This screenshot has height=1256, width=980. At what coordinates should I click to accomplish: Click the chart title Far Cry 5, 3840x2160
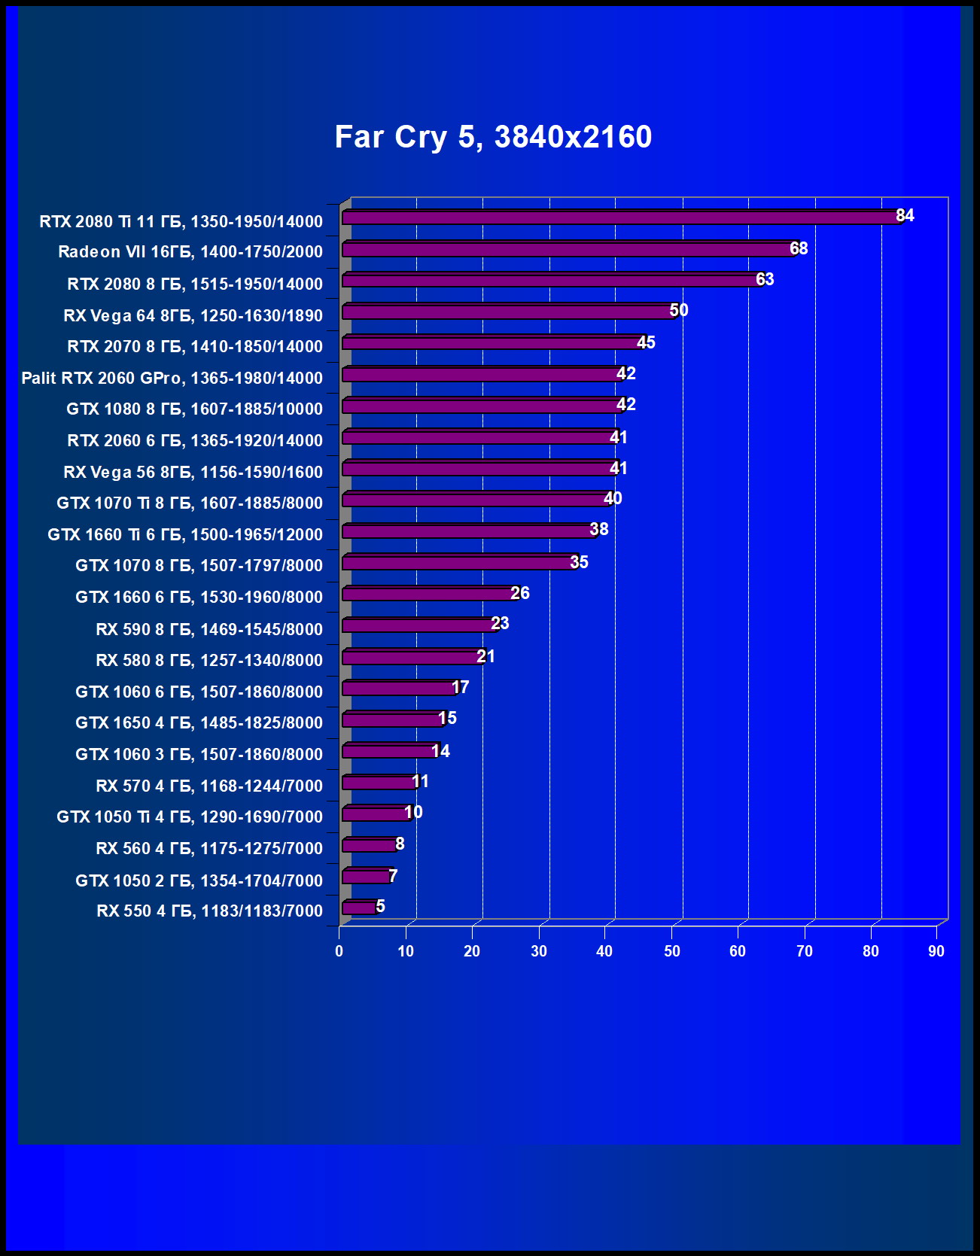tap(493, 137)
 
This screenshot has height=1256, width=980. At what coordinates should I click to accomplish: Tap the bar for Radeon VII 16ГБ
tap(568, 249)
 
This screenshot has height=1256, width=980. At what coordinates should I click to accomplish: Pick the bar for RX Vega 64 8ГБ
tap(509, 312)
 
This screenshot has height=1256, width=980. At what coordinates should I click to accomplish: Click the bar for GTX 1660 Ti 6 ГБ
tap(469, 531)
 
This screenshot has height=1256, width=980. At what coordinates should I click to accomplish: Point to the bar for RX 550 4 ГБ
tap(359, 908)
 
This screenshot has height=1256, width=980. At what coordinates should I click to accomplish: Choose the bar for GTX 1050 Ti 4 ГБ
tap(376, 814)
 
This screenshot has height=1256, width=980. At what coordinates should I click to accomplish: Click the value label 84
tap(905, 216)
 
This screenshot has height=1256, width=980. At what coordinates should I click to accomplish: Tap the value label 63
tap(765, 279)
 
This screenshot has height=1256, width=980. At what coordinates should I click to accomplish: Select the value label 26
tap(520, 593)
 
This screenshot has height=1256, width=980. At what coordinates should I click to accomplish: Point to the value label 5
tap(380, 906)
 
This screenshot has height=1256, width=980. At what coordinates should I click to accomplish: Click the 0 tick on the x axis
tap(339, 951)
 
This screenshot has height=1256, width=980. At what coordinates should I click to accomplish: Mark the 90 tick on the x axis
tap(936, 951)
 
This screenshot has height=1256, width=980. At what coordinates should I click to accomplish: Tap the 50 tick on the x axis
tap(671, 951)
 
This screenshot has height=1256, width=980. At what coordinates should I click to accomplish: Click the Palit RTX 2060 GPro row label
tap(172, 378)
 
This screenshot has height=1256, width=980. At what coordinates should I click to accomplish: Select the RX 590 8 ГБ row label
tap(209, 629)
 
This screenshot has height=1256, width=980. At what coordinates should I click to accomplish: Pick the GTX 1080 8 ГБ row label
tap(194, 409)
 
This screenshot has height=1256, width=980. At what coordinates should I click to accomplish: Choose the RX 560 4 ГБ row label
tap(209, 848)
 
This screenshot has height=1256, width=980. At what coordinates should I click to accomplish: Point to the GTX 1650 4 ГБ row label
tap(199, 722)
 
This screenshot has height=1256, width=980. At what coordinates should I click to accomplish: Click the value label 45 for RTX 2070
tap(646, 342)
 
